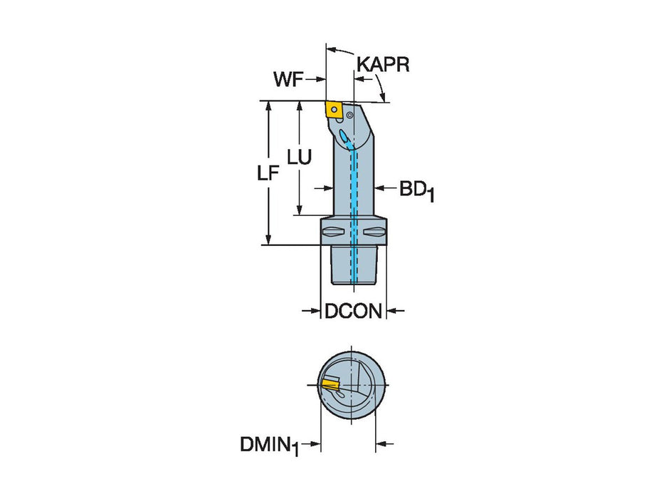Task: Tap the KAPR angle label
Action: [383, 66]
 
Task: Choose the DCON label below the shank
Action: [353, 312]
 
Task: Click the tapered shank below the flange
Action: [353, 264]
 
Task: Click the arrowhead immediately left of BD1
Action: [380, 188]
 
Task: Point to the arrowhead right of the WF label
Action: [320, 80]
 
